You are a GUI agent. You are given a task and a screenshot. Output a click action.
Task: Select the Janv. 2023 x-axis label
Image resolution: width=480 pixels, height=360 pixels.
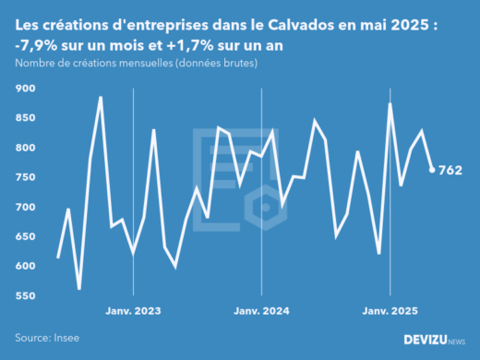click(x=134, y=312)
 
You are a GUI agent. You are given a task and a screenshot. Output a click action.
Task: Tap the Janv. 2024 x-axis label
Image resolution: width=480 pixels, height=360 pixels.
click(x=262, y=312)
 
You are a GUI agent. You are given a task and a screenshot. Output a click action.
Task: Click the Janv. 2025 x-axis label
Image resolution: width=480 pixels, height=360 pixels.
click(x=390, y=312)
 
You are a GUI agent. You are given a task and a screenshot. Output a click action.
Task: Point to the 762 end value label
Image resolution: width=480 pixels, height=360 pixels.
click(x=450, y=170)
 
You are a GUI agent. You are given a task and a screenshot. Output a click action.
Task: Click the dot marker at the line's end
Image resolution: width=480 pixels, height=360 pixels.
click(x=432, y=170)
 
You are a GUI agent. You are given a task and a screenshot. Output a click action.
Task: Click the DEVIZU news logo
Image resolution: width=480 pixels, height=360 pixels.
click(x=435, y=340)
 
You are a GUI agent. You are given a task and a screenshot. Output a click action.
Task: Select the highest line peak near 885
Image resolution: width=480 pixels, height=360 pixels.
click(x=101, y=97)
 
